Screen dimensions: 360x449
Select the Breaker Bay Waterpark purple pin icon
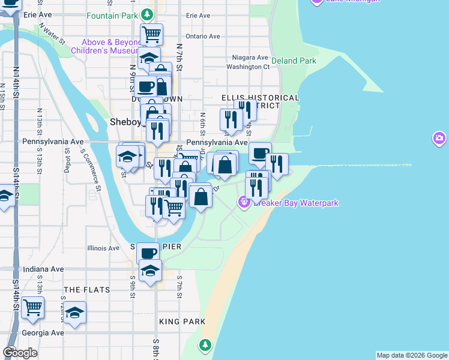(x=244, y=203)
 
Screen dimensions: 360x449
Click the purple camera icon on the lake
(x=439, y=139)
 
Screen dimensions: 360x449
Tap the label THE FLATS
(x=87, y=290)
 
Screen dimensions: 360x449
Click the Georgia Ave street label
(x=43, y=332)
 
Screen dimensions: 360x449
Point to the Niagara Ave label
(x=250, y=58)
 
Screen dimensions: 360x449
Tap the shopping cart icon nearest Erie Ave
(x=152, y=34)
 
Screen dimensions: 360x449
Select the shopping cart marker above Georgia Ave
(x=33, y=307)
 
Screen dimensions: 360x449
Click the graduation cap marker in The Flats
(x=74, y=313)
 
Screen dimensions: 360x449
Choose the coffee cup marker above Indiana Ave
(x=148, y=253)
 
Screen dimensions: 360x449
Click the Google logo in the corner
(x=20, y=353)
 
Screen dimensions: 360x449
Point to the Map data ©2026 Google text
(x=412, y=355)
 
